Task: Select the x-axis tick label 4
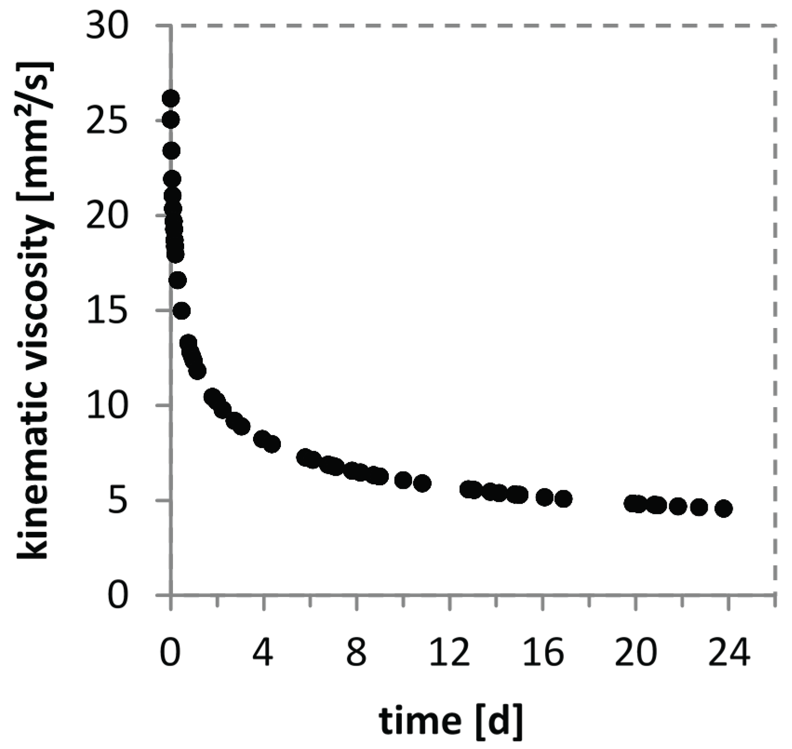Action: [264, 654]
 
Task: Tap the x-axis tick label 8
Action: [357, 654]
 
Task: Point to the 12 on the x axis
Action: [449, 654]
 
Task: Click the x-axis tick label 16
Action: [542, 654]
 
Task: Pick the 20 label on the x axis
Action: [635, 654]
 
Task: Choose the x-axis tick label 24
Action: [728, 654]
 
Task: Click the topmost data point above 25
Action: [171, 98]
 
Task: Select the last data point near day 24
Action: [724, 509]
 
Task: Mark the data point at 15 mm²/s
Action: [181, 311]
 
